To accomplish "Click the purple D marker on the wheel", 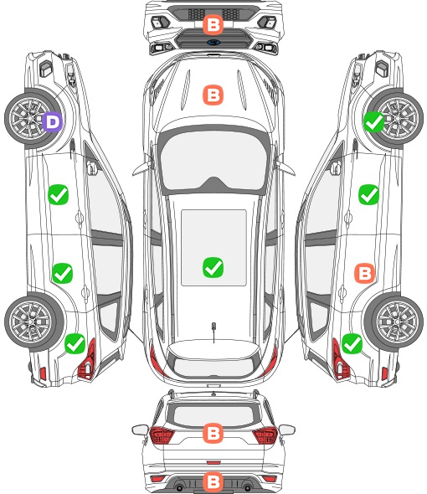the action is pos(53,122).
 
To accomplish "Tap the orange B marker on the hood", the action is pos(213,95).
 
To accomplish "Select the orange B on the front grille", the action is pos(213,24).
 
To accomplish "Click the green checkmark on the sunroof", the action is pos(213,267).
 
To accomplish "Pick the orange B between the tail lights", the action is pos(213,433).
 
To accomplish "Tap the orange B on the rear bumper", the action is pos(213,481).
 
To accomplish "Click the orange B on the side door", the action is pos(364,273).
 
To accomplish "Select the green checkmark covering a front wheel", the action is pos(373,122).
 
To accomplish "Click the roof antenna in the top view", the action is pos(213,332).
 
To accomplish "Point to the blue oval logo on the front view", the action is pos(213,42).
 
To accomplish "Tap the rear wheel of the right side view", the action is pos(395,322).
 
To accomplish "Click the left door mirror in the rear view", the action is pos(140,430).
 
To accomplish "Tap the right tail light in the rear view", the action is pos(265,435).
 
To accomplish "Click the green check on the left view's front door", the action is pos(59,194).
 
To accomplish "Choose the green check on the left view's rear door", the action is pos(62,273).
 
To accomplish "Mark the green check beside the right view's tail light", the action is pos(352,343).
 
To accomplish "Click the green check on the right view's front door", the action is pos(368,194).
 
